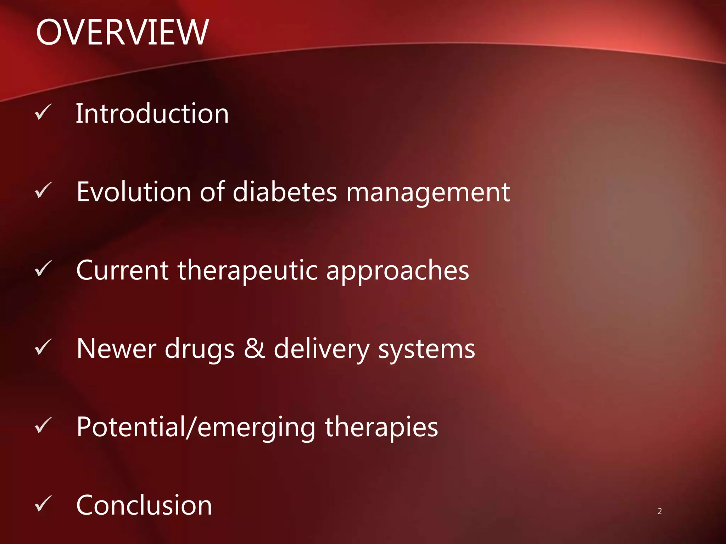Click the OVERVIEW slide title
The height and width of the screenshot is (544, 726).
[x=122, y=33]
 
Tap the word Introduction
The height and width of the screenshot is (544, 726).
[x=152, y=114]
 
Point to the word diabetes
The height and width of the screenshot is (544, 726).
[x=285, y=192]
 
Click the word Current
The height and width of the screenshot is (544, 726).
[x=122, y=271]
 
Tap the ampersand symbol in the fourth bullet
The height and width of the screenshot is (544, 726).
[x=255, y=348]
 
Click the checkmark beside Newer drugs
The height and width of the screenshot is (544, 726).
[x=43, y=347]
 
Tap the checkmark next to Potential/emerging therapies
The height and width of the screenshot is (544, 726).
[x=43, y=426]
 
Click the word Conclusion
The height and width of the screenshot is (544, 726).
[x=144, y=505]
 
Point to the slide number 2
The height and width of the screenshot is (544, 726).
[x=659, y=511]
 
